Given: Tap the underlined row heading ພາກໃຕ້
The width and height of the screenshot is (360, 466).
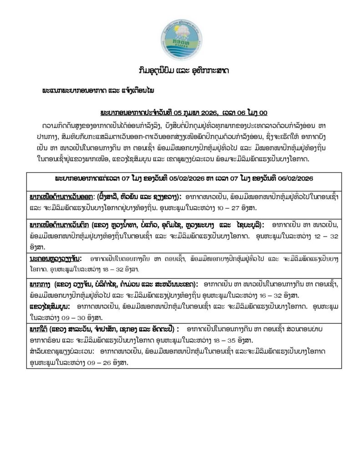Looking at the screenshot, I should pos(40,329).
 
